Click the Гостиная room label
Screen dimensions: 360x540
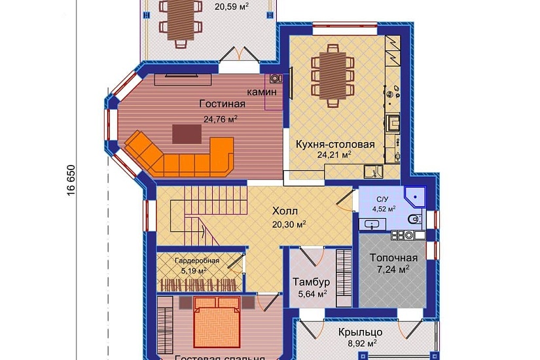click(x=223, y=104)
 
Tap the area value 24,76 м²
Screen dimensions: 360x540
click(x=220, y=119)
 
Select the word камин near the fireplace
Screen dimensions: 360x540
click(x=261, y=92)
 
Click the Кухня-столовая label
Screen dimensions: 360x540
click(x=335, y=144)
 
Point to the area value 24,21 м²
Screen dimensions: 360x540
click(x=334, y=155)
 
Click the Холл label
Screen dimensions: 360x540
click(x=285, y=211)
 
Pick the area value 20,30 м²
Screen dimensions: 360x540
click(x=289, y=223)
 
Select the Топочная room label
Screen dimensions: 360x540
click(x=389, y=257)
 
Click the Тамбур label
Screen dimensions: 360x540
click(x=310, y=282)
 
